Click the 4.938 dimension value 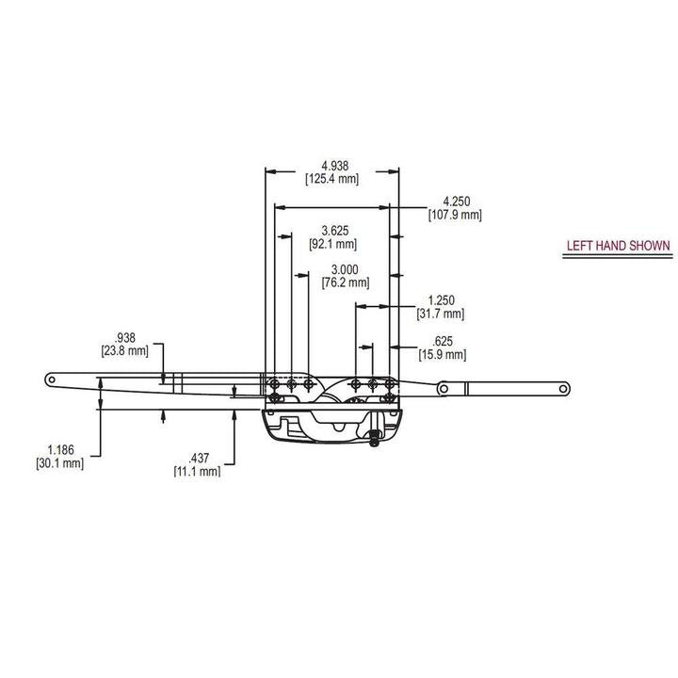331,165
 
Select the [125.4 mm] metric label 331,178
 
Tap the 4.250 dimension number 455,202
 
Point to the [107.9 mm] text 455,215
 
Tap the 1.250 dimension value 441,300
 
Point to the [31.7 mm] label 441,314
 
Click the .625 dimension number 443,341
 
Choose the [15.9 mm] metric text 443,354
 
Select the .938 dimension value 124,337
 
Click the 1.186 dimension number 59,450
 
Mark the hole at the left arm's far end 53,379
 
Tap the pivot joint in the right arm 443,386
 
